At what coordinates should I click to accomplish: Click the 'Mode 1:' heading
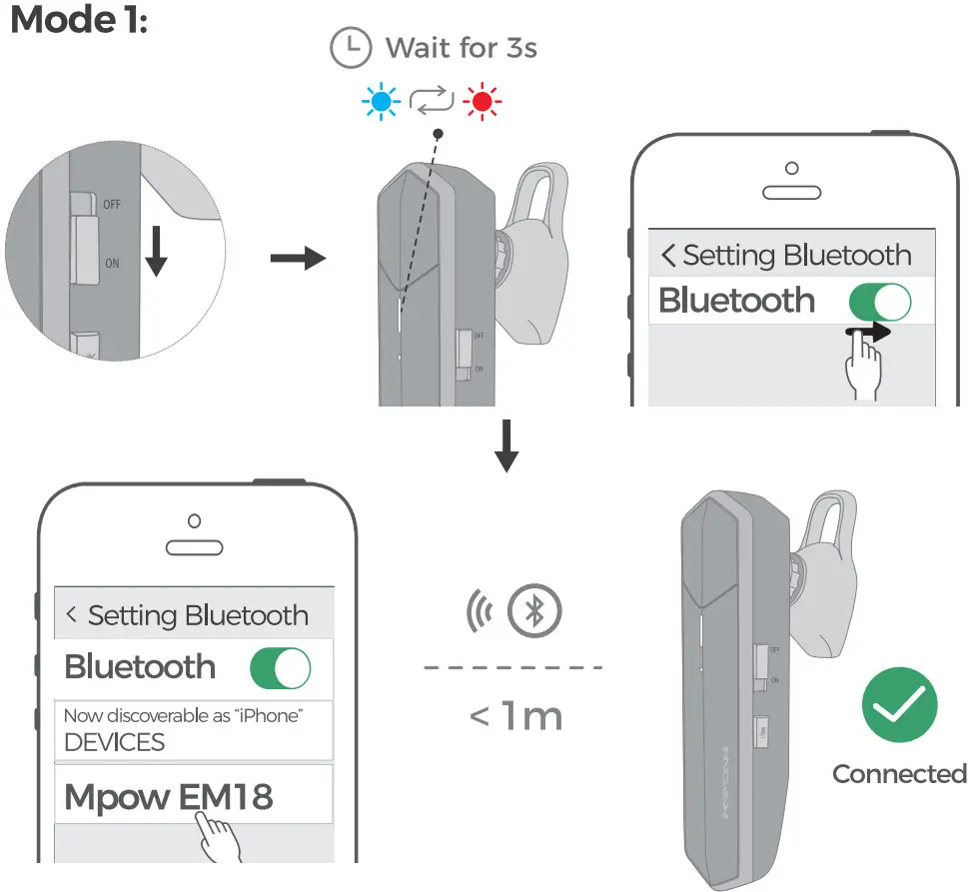tap(79, 20)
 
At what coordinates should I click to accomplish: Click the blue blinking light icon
tap(381, 101)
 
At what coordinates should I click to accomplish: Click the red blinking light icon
tap(485, 101)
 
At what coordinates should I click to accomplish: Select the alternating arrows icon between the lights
tap(433, 101)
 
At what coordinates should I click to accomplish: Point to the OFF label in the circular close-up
tap(111, 204)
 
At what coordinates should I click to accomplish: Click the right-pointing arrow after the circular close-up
tap(298, 260)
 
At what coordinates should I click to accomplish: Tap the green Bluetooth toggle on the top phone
tap(880, 301)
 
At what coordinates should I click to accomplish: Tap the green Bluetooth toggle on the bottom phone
tap(280, 667)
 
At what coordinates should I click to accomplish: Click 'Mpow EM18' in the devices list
tap(168, 797)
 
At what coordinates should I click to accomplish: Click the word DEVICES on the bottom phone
tap(114, 742)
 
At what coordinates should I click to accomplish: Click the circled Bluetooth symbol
tap(535, 611)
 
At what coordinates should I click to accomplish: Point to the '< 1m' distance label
tap(514, 716)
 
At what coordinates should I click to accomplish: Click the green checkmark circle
tap(899, 705)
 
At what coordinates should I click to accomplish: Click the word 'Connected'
tap(899, 774)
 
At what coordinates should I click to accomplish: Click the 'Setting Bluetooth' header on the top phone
tap(786, 255)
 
